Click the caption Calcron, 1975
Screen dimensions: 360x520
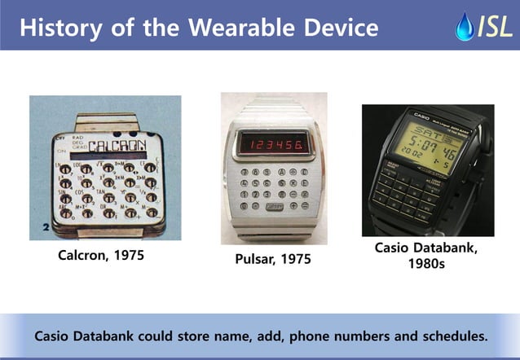[101, 255]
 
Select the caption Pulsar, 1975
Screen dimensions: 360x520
[274, 260]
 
